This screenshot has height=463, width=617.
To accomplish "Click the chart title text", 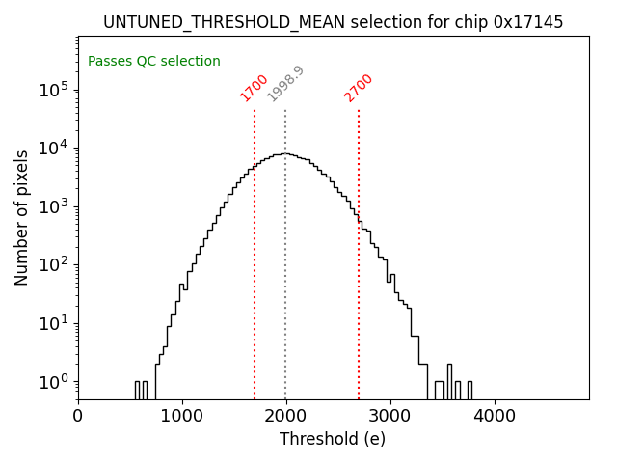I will (x=333, y=22).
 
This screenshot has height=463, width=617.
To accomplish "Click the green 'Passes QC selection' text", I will (x=154, y=61).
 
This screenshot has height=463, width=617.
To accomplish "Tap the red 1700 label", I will (x=254, y=88).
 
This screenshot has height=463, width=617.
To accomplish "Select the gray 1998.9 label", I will (x=285, y=84).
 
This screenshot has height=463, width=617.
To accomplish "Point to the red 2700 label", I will (x=358, y=88).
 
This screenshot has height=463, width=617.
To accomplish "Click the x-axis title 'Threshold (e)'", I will (x=333, y=439).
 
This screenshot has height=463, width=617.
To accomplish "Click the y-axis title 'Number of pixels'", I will (x=22, y=218).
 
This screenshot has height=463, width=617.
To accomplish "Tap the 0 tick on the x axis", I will (x=78, y=416).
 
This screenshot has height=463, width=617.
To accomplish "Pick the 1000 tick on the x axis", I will (x=182, y=416).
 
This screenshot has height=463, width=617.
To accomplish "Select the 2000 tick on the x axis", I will (x=286, y=416).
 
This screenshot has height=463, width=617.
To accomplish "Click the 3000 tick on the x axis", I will (x=390, y=416).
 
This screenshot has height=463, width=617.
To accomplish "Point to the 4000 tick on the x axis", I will (x=495, y=416).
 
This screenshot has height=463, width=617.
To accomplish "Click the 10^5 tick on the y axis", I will (x=52, y=90).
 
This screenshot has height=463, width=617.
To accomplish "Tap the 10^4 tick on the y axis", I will (x=52, y=148).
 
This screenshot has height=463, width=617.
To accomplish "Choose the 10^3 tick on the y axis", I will (x=52, y=206).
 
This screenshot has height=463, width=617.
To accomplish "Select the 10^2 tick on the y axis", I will (x=52, y=264).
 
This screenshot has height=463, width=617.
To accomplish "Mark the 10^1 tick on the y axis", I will (x=52, y=323).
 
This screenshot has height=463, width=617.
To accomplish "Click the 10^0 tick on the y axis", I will (x=52, y=382).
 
